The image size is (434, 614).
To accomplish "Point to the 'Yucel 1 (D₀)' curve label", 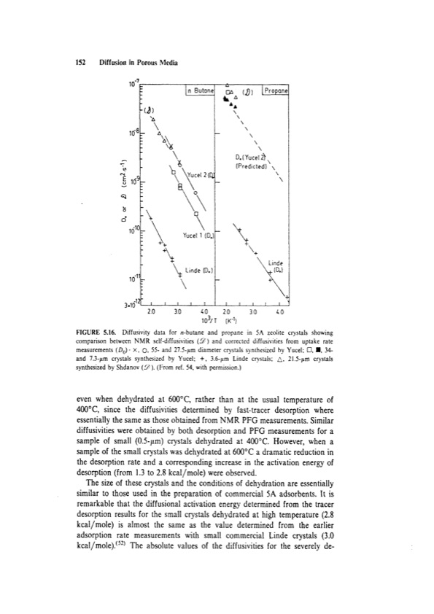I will coord(193,236).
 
